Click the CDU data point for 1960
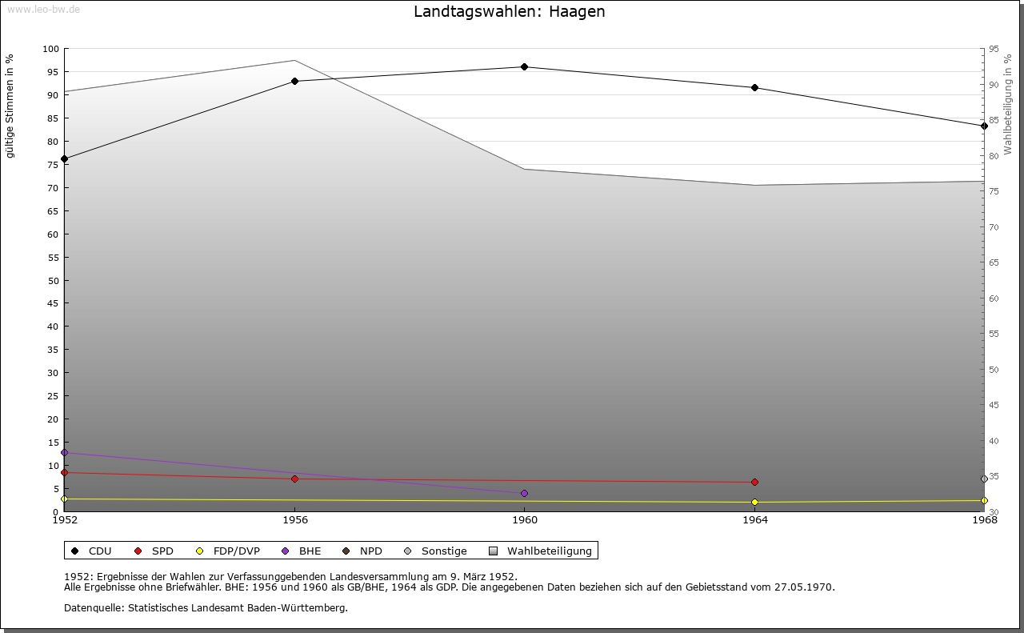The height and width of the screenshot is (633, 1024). click(524, 66)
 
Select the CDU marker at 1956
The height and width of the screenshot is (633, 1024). click(295, 81)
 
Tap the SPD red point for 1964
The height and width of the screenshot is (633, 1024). click(754, 482)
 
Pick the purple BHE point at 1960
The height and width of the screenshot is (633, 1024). click(524, 494)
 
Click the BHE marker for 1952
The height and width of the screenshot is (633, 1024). click(65, 452)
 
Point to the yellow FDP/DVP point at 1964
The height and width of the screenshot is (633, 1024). click(754, 503)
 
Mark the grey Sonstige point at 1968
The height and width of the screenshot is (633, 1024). click(984, 479)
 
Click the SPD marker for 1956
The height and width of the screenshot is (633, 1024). click(295, 479)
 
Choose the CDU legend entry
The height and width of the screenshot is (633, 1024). click(91, 551)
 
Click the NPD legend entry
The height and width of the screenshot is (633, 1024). click(362, 551)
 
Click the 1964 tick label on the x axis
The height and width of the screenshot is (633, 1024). click(755, 520)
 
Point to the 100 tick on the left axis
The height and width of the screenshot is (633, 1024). click(50, 49)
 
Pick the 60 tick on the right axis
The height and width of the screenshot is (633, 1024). click(994, 298)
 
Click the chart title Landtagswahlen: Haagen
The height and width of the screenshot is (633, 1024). click(510, 11)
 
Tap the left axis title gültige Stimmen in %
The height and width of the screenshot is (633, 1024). click(10, 106)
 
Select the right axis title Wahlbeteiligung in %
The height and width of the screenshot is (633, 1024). click(1007, 105)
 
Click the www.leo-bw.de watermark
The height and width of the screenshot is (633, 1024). click(43, 10)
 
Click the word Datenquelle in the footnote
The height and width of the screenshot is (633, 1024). click(94, 608)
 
